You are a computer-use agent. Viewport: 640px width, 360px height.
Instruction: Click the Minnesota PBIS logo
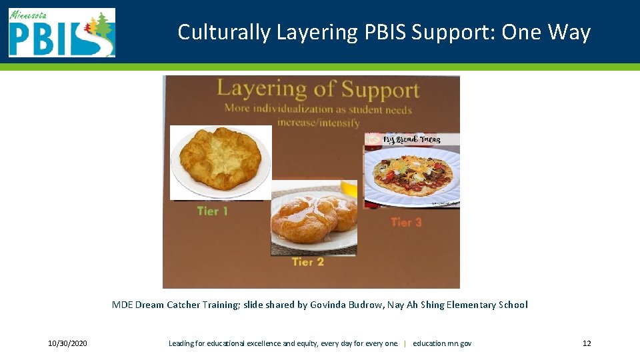coord(61,33)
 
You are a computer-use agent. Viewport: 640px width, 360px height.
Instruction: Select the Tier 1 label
coord(212,211)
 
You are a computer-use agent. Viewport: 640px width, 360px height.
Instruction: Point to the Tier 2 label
coord(307,262)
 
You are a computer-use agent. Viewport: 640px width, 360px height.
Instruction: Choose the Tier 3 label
coord(406,222)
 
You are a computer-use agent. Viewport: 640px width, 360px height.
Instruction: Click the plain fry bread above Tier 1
coord(220,160)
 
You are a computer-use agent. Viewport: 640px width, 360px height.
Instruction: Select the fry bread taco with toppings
coord(411,175)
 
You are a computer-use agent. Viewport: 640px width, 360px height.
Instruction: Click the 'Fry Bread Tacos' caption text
coord(411,139)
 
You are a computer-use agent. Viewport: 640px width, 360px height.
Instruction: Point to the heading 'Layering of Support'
coord(317,89)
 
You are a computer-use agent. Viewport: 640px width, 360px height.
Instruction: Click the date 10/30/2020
coord(67,343)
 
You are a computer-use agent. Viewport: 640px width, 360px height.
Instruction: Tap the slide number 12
coord(587,343)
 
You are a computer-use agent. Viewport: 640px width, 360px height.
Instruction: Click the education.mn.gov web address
coord(442,343)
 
